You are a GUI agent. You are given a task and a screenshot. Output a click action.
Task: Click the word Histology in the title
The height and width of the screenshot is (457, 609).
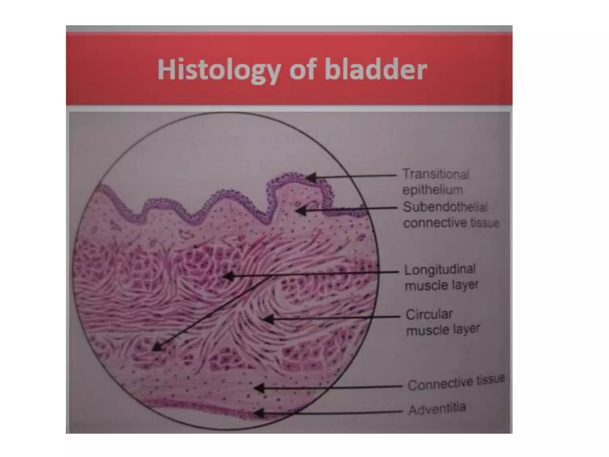click(219, 70)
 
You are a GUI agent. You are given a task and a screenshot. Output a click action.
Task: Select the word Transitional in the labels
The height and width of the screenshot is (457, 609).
click(436, 174)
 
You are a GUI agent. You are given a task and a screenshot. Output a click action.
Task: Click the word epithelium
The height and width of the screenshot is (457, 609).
click(433, 190)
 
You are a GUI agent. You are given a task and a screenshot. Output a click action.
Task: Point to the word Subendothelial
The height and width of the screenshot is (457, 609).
click(445, 207)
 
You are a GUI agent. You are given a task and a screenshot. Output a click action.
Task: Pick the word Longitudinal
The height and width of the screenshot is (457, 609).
click(440, 270)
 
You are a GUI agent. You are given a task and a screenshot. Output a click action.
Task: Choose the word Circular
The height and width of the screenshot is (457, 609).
click(429, 314)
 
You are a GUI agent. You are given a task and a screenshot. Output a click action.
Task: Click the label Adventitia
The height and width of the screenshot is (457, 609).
click(437, 409)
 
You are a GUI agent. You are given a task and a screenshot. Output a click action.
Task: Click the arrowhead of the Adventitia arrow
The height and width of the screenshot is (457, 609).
click(258, 413)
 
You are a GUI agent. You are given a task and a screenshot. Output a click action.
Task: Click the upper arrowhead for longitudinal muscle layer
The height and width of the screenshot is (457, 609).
click(227, 276)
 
